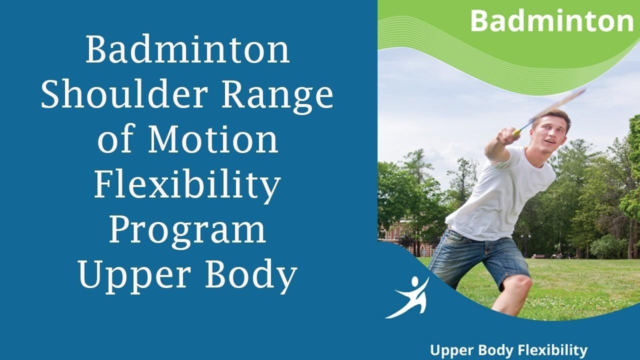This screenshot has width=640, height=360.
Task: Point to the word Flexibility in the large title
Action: pyautogui.click(x=187, y=185)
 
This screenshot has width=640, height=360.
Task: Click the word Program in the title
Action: pyautogui.click(x=187, y=231)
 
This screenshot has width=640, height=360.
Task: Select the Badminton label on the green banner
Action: pyautogui.click(x=551, y=21)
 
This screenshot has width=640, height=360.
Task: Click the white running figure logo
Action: pyautogui.click(x=407, y=297)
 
